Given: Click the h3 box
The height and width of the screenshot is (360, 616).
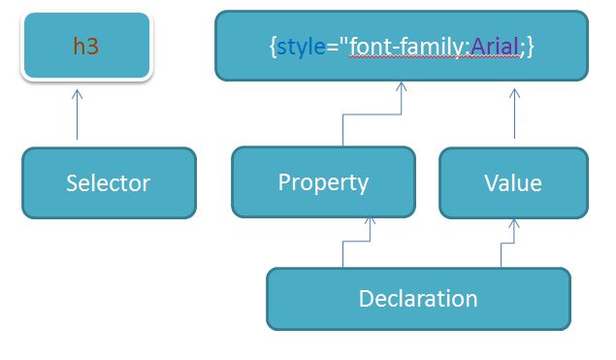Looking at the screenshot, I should pos(85,46).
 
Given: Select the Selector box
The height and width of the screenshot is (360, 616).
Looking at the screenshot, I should pos(108,182).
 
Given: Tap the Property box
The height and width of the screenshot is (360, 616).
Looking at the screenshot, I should pos(323,182).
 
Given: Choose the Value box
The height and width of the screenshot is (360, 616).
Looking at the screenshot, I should pos(513,182).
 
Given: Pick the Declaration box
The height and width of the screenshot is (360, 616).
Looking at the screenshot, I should pos(418,298).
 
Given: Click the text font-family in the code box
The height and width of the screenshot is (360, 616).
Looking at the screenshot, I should pos(408,46).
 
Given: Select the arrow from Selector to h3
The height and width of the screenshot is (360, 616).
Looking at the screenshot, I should pos(78,116).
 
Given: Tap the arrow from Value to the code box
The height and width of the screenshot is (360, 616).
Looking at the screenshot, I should pos(514,115).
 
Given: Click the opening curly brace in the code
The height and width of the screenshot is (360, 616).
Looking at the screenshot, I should pos(273,46).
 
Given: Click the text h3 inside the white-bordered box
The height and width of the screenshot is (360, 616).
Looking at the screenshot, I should pos(85,46).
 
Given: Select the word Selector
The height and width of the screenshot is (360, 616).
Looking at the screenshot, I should pos(108,182).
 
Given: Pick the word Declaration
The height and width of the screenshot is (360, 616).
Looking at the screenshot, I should pos(418,298).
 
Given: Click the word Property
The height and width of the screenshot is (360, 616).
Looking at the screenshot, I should pos(323,182).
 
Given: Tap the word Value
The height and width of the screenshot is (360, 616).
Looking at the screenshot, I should pos(513,182).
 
